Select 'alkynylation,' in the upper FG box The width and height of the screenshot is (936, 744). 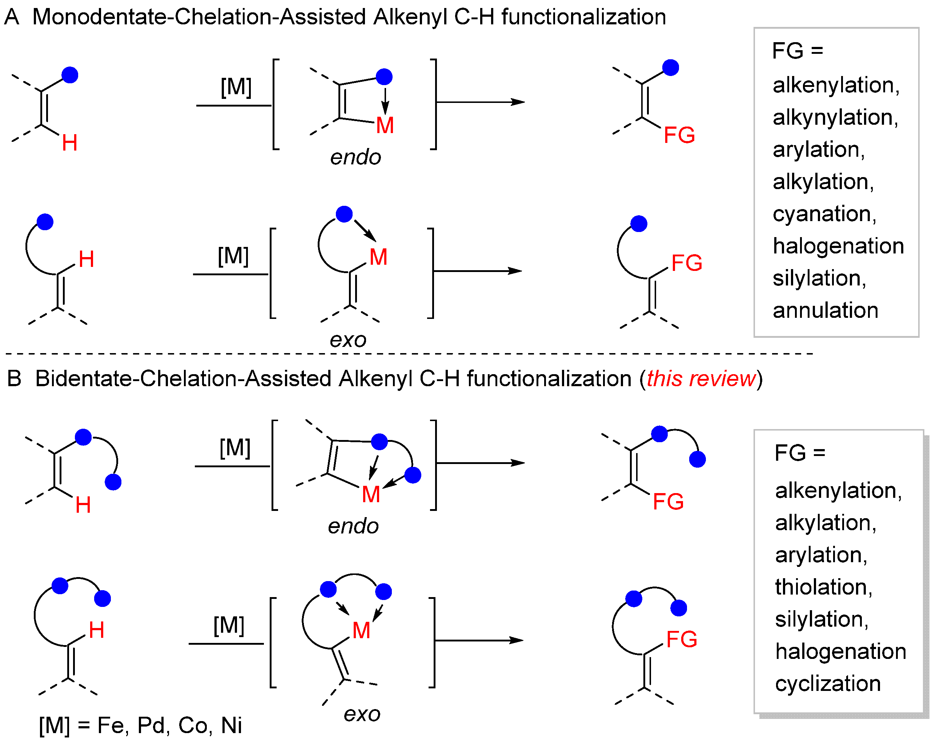(x=835, y=117)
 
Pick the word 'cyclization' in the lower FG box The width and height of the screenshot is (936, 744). (x=827, y=683)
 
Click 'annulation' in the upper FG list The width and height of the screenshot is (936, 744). (x=825, y=310)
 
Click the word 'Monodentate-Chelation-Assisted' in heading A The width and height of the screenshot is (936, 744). (x=199, y=17)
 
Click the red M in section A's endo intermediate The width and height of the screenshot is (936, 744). (x=385, y=125)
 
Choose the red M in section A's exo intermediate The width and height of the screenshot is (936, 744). (x=378, y=257)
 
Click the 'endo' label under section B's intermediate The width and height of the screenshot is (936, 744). (x=353, y=526)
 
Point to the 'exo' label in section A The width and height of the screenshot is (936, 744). (x=348, y=340)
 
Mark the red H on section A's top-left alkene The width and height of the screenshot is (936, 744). (x=69, y=143)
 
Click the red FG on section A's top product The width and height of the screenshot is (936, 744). (x=679, y=135)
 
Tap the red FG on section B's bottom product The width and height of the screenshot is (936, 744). (x=681, y=639)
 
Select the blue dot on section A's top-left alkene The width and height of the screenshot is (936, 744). (x=70, y=75)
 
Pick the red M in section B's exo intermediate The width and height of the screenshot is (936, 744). (x=361, y=630)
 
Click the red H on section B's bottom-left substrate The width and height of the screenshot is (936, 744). (x=96, y=630)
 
